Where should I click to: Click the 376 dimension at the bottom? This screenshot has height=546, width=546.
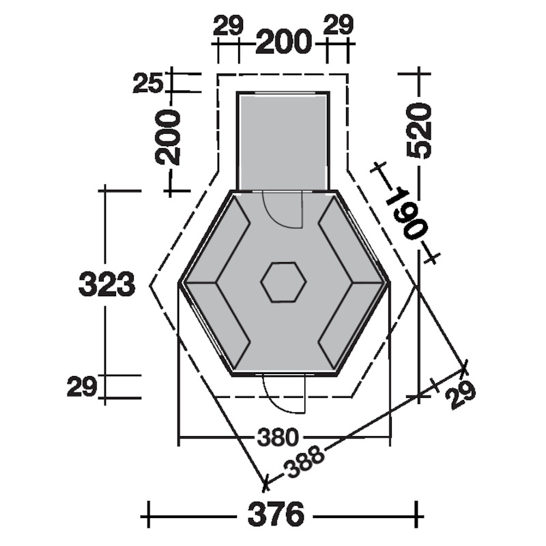click(276, 515)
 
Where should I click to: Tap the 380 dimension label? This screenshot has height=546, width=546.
click(278, 437)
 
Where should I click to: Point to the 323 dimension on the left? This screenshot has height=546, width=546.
click(106, 284)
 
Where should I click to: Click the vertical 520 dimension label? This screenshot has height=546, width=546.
click(419, 131)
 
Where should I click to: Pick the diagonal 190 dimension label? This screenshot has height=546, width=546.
click(406, 213)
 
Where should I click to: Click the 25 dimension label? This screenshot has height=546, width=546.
click(148, 83)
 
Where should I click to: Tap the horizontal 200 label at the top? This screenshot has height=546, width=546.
click(283, 42)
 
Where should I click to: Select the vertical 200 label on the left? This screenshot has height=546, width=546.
click(168, 137)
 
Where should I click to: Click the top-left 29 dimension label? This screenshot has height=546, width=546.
click(228, 26)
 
